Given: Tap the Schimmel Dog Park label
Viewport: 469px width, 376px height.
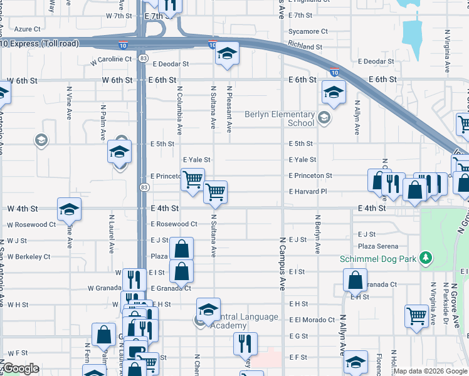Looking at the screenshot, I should [x=379, y=258].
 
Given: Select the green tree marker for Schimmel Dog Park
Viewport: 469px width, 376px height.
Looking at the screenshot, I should [x=426, y=257].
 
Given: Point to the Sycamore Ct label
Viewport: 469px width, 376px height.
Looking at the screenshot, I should [x=308, y=31].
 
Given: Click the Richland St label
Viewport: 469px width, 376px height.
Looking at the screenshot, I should [x=305, y=47].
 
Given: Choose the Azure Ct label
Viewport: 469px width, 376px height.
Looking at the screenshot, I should [x=27, y=29].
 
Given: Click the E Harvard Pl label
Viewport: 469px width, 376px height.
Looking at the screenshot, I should [x=310, y=192].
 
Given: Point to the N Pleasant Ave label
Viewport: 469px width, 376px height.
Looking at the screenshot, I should [x=229, y=109].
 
